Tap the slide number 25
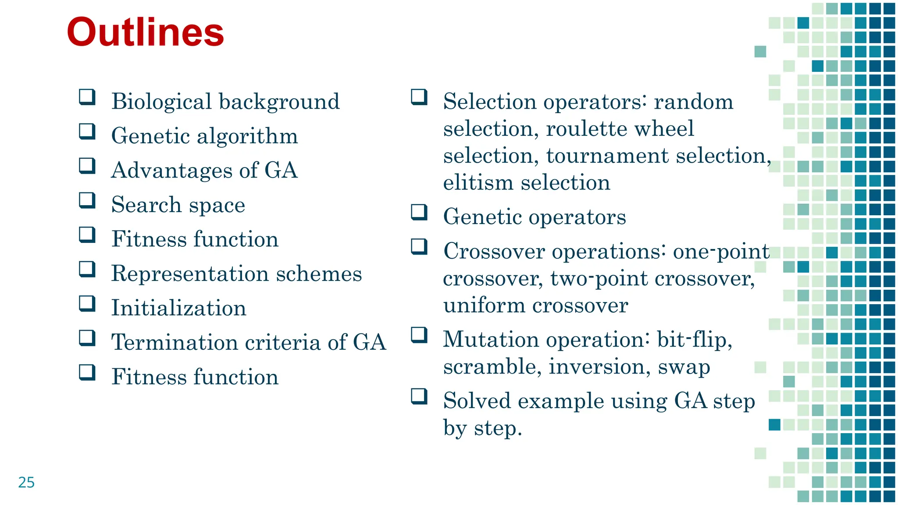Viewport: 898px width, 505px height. pyautogui.click(x=26, y=482)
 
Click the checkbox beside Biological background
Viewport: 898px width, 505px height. pyautogui.click(x=87, y=97)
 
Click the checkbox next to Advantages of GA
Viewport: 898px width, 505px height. pyautogui.click(x=87, y=166)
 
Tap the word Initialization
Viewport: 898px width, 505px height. pyautogui.click(x=178, y=308)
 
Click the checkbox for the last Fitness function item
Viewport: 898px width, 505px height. pyautogui.click(x=87, y=373)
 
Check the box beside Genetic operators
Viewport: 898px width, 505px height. pyautogui.click(x=419, y=212)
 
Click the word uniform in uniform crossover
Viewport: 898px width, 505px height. pyautogui.click(x=484, y=306)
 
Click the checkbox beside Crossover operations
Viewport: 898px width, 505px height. pyautogui.click(x=419, y=247)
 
